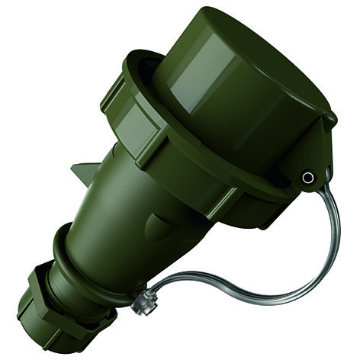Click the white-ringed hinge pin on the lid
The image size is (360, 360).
(307, 178)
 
